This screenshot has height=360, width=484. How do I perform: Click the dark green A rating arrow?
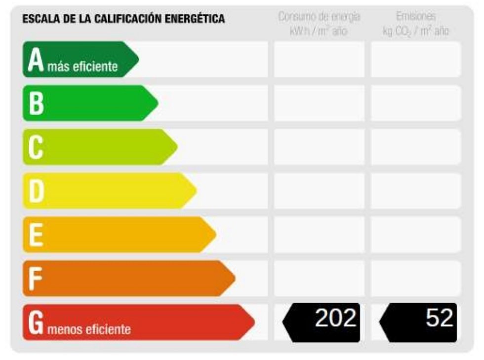tap(80, 59)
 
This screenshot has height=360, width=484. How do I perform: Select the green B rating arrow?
tap(90, 103)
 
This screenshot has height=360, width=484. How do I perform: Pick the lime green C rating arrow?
tap(100, 147)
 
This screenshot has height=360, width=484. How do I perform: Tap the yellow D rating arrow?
tap(110, 191)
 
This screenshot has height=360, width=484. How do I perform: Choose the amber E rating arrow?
tap(119, 235)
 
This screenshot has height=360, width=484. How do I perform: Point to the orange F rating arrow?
tap(129, 279)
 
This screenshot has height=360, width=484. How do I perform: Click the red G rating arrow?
tap(139, 322)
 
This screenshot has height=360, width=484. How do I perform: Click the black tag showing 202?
tap(322, 322)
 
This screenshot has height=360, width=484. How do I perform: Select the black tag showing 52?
tap(418, 322)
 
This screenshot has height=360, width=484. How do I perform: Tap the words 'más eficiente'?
tap(82, 66)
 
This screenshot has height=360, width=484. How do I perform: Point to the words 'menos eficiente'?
tap(89, 329)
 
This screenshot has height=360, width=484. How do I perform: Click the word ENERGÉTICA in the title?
tap(195, 19)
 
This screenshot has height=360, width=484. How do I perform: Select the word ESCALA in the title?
tap(41, 19)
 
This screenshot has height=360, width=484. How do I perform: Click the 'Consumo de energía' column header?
tap(319, 16)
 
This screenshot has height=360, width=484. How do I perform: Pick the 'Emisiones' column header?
tap(416, 16)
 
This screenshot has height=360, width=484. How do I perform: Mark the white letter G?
tap(36, 322)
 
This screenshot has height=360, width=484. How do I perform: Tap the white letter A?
tap(36, 60)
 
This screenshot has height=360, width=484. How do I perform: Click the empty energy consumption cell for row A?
tap(319, 59)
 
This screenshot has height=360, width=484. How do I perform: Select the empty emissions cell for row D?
tap(416, 191)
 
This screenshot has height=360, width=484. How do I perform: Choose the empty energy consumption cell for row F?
tap(319, 279)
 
